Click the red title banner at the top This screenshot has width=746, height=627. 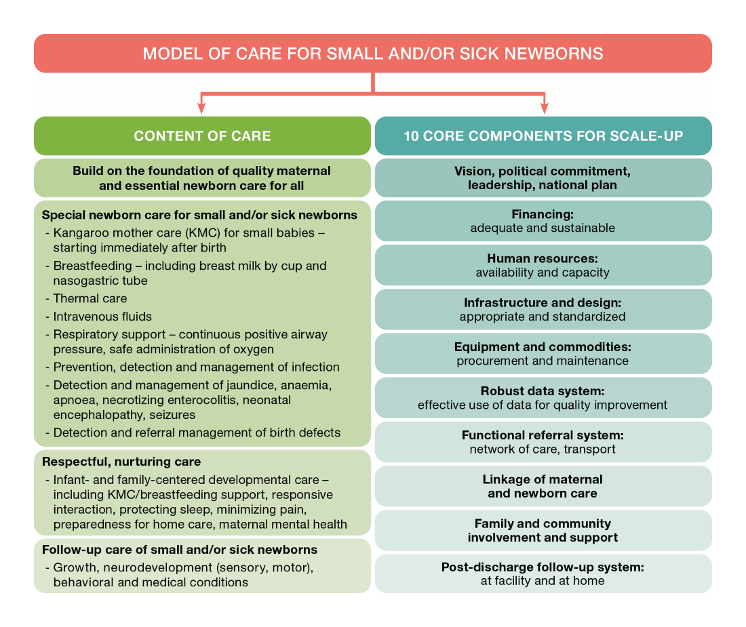(372, 54)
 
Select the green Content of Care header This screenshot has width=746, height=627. (202, 136)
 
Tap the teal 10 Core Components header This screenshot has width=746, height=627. (543, 136)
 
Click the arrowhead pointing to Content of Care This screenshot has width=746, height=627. (201, 106)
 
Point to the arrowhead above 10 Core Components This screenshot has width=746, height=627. (543, 106)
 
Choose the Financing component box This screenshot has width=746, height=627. (543, 221)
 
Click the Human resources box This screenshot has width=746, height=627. (543, 265)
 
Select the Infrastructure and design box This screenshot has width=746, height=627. (543, 309)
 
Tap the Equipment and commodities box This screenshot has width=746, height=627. (543, 353)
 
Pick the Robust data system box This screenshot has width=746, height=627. (543, 398)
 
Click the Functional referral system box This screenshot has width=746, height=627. (543, 442)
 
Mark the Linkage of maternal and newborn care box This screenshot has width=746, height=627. (543, 486)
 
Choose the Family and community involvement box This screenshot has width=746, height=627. (543, 530)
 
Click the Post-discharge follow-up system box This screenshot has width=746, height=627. (543, 573)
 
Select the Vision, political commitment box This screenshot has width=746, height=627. (543, 178)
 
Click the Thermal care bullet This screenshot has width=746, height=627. (90, 298)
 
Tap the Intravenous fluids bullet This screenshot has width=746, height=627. (102, 317)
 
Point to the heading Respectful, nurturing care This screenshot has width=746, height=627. (121, 462)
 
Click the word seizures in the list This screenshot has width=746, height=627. (172, 415)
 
